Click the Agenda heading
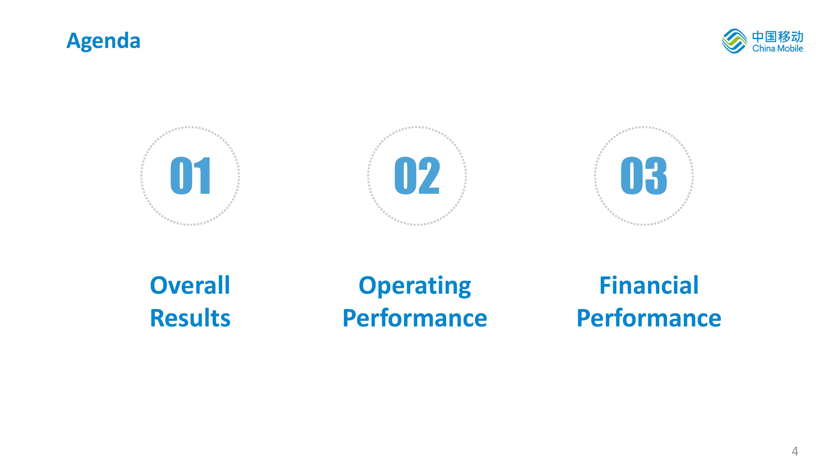pyautogui.click(x=103, y=41)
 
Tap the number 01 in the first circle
pyautogui.click(x=190, y=176)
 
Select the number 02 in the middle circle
pyautogui.click(x=417, y=176)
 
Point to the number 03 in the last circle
pyautogui.click(x=644, y=176)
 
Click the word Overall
pyautogui.click(x=190, y=285)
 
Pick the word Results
pyautogui.click(x=190, y=318)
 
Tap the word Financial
pyautogui.click(x=649, y=285)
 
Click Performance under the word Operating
pyautogui.click(x=415, y=318)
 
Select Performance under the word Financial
pyautogui.click(x=649, y=318)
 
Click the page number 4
pyautogui.click(x=795, y=451)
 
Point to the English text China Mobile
pyautogui.click(x=777, y=48)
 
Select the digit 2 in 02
pyautogui.click(x=429, y=176)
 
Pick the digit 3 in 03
pyautogui.click(x=656, y=176)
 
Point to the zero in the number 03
pyautogui.click(x=632, y=176)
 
